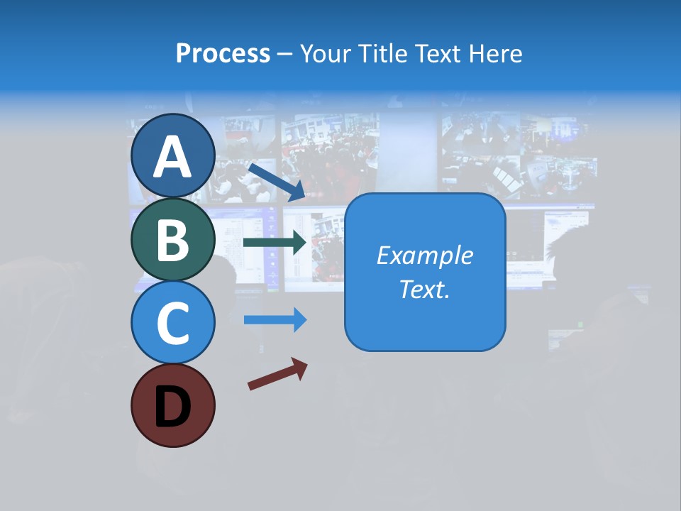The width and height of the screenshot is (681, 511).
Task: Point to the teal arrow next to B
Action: point(275,242)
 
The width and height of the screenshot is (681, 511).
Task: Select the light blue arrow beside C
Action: point(275,319)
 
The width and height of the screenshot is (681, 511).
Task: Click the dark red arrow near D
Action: point(277,374)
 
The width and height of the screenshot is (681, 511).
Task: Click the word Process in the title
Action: point(223,54)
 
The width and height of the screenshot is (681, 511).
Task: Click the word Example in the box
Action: point(424,255)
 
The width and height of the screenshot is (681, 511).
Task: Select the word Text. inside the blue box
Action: point(424,289)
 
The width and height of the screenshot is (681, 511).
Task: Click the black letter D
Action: point(172,408)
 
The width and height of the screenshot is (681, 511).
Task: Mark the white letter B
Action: point(172,240)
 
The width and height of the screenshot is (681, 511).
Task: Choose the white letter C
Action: point(172,323)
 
